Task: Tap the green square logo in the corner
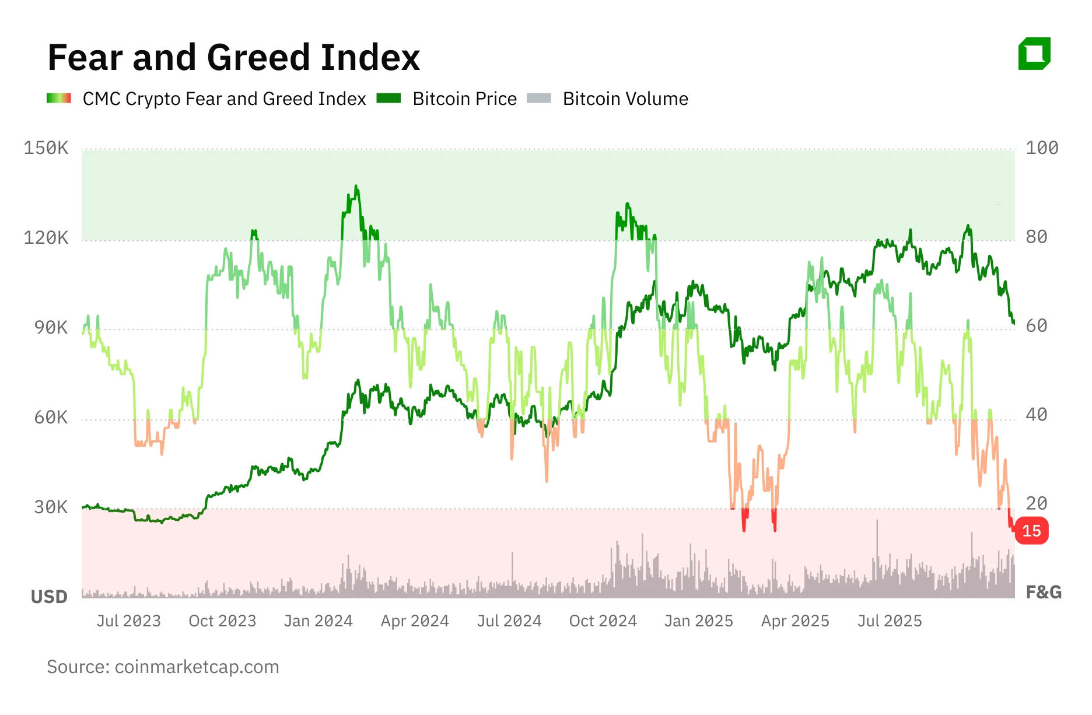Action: [1034, 54]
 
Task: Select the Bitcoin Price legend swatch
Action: [388, 98]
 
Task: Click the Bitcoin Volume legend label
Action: [625, 99]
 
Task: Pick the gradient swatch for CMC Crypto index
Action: [59, 98]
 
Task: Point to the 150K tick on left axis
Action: [45, 148]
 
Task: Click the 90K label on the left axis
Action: [51, 327]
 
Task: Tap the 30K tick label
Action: [51, 507]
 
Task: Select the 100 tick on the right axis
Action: [1042, 148]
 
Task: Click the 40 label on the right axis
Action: [1037, 415]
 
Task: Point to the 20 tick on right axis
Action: [1037, 503]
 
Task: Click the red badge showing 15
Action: [1031, 531]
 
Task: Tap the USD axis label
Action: [49, 597]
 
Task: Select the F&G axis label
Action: [1043, 592]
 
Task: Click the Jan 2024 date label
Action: [318, 621]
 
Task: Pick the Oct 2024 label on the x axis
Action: [603, 621]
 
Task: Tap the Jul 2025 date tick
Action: [889, 621]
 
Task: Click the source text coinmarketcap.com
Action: [163, 667]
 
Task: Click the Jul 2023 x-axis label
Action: [128, 621]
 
